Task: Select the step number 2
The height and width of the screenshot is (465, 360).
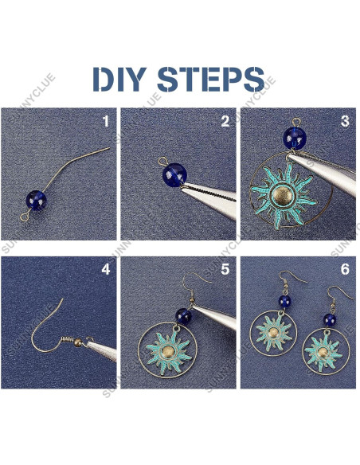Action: pyautogui.click(x=225, y=122)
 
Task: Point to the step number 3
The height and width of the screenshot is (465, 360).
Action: pyautogui.click(x=344, y=122)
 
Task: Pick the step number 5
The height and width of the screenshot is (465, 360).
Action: pyautogui.click(x=225, y=269)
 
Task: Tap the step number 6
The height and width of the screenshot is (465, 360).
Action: pyautogui.click(x=344, y=269)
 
